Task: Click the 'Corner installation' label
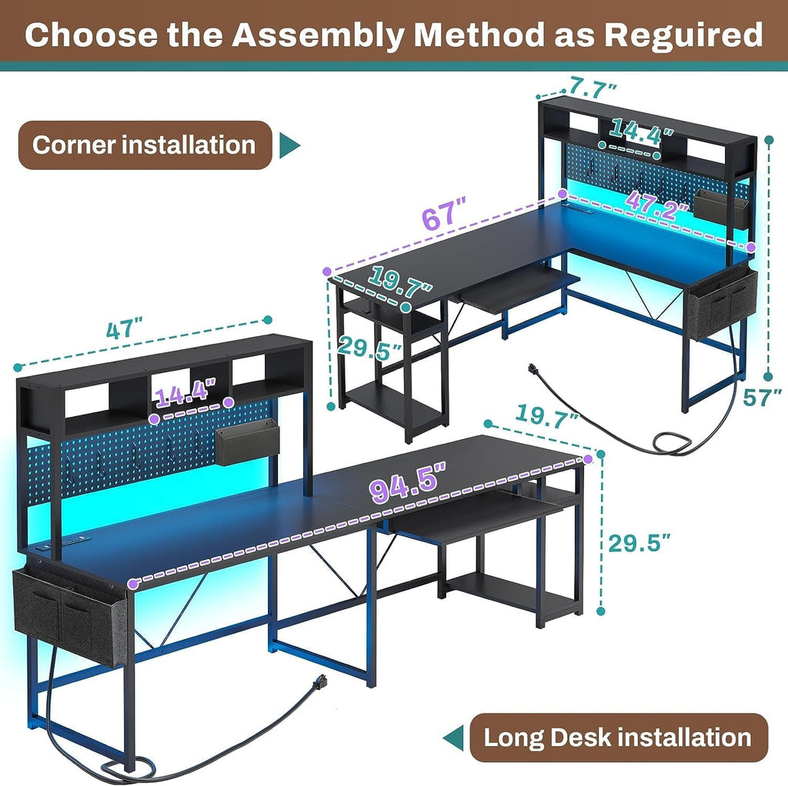point(144,145)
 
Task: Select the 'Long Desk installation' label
point(617,738)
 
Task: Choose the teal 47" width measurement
point(125,329)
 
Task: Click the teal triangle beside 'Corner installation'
point(289,145)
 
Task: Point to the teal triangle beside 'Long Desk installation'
point(455,738)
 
